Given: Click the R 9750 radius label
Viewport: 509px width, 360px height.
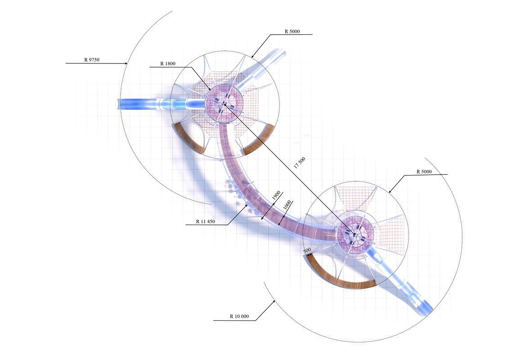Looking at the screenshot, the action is pos(91,60).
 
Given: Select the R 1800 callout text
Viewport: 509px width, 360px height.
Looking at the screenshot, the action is pos(167,63).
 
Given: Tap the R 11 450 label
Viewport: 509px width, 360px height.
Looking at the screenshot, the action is pos(205,222).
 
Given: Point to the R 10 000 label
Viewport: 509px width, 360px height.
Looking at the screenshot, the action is pos(239,316).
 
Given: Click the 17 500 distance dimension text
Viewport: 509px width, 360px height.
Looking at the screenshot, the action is pos(300,162).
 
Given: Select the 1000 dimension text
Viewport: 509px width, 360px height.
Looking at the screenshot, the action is pos(287,205).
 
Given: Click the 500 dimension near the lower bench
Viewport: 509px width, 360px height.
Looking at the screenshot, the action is pos(307,250).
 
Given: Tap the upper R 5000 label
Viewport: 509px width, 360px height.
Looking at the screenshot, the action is pos(292,31).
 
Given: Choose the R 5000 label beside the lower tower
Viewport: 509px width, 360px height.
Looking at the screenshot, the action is pos(424,171).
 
